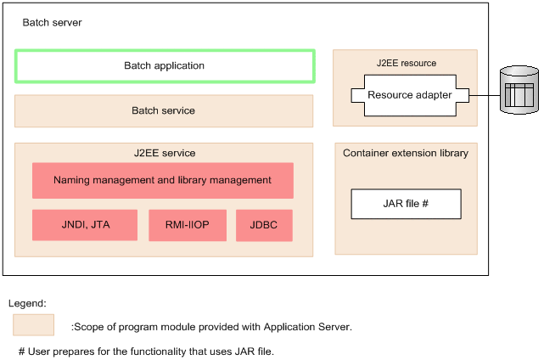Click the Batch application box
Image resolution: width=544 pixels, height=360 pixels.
coord(165,65)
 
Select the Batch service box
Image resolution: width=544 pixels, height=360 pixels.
coord(164,110)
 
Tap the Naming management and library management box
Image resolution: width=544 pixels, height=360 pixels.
coord(162,180)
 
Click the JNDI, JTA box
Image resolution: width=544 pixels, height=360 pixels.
coord(84,225)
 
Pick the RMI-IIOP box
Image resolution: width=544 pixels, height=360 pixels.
coord(187,225)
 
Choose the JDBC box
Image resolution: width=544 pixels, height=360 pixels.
coord(263,225)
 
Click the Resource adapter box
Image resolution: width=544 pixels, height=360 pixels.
coord(409,95)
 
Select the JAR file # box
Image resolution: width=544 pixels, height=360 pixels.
coord(406,204)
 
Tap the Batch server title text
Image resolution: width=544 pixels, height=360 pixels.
coord(52,23)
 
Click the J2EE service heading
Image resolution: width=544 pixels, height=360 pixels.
coord(164,153)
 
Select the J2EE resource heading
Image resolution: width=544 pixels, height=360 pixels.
coord(406,63)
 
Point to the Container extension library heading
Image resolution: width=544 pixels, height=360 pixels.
coord(405,153)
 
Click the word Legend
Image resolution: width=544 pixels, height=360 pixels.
coord(26,303)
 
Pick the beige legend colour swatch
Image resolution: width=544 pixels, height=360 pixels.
coord(33,325)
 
